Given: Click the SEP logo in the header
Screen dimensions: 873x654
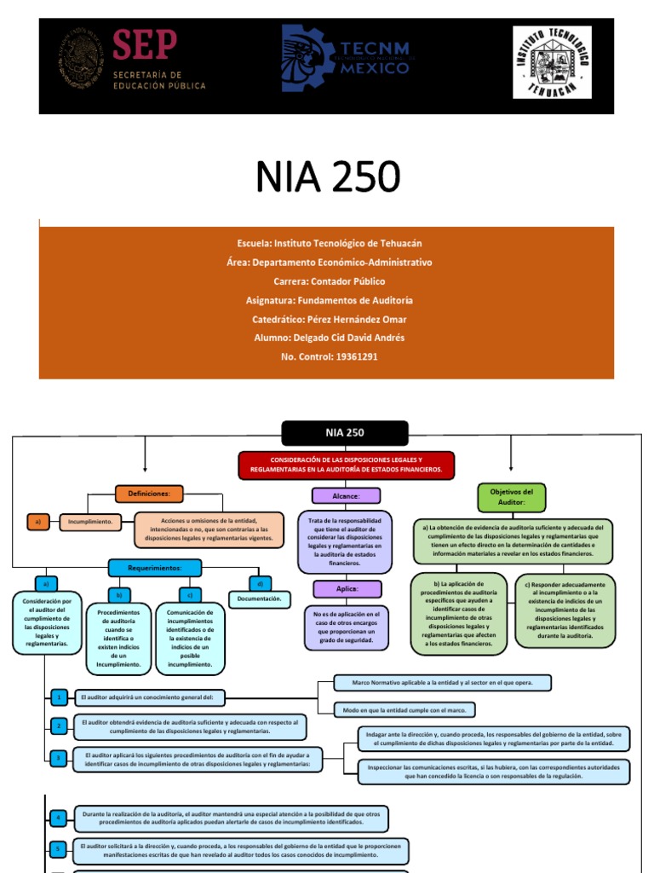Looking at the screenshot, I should (x=132, y=59).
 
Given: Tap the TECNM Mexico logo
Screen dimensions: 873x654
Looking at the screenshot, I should (x=345, y=58).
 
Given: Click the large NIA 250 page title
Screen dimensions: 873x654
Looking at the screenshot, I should (x=327, y=176).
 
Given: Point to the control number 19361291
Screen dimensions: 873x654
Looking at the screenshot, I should (x=327, y=356).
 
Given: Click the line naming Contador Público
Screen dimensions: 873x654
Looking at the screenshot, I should (x=327, y=281).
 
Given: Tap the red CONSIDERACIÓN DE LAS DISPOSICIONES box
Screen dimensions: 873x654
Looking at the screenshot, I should (x=347, y=465).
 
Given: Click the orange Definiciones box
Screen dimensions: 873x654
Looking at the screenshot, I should (x=149, y=494).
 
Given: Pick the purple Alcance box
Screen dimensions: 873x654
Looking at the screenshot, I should (x=346, y=495).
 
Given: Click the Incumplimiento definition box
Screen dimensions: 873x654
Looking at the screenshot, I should (x=90, y=523).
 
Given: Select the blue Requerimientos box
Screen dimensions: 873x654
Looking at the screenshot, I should (x=154, y=568).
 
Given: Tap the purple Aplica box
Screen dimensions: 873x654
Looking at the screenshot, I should (x=346, y=589).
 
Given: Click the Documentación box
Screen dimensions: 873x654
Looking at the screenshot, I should (x=259, y=599).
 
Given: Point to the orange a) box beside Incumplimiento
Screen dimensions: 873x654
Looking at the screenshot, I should (x=37, y=523).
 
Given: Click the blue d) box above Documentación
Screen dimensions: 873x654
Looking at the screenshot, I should (x=258, y=583).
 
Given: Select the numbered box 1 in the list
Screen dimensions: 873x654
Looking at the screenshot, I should (x=58, y=697).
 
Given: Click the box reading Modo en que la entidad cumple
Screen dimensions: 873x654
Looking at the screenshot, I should (x=396, y=709).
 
